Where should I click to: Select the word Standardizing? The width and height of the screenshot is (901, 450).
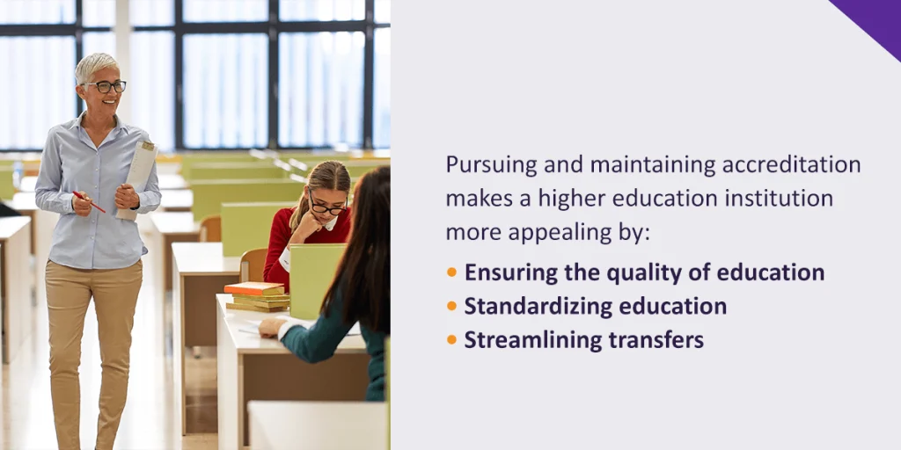[x=529, y=306]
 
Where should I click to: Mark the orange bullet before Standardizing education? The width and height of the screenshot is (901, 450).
[x=451, y=306]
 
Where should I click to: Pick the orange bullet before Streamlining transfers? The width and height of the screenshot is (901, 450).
[x=451, y=339]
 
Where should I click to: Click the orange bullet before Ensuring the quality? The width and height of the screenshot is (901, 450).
[x=451, y=272]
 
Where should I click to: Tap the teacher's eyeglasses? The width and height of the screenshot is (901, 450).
[x=107, y=86]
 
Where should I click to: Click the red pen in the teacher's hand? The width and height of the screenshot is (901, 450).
[x=90, y=202]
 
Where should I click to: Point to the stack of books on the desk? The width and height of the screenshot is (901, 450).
[x=257, y=296]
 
